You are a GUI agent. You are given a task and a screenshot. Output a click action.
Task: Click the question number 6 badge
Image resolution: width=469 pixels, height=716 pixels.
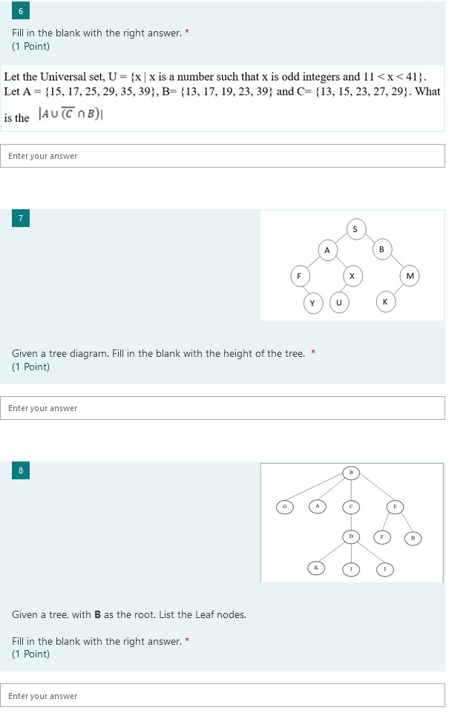coord(21,10)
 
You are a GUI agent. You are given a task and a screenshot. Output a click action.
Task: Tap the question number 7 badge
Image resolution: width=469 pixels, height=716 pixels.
coord(21,218)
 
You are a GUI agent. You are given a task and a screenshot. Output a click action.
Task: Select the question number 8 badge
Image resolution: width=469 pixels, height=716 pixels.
coord(21,470)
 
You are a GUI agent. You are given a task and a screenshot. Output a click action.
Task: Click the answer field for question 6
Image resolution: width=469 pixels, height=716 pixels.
coord(223,156)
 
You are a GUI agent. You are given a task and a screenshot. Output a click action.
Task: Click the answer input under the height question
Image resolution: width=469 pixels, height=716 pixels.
coord(223,408)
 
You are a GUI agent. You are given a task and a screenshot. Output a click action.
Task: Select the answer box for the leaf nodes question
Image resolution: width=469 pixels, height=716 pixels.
coord(223,695)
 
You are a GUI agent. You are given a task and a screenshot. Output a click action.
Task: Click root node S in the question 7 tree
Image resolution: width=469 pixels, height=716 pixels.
coord(355,229)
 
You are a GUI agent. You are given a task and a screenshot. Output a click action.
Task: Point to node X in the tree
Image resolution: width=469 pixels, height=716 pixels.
coord(352,276)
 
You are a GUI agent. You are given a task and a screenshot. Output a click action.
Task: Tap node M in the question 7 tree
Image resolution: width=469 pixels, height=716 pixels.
coord(410,276)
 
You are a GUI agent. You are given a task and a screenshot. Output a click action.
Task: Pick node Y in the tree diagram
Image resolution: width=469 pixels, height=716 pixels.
coord(313,303)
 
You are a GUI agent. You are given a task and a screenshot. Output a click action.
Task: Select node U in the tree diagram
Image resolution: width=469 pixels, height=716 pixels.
coord(339,302)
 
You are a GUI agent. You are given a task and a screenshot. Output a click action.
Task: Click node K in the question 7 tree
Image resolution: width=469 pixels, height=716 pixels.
coord(385,302)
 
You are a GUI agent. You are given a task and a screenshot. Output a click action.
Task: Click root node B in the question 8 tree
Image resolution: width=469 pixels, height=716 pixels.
coord(351,473)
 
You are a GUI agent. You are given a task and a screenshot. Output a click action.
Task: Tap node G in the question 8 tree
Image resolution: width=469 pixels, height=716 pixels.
coord(285,507)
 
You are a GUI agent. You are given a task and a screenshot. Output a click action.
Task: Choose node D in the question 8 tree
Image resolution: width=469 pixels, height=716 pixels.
coord(351,536)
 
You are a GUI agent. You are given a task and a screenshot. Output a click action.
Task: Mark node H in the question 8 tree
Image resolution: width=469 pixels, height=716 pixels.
coord(413,539)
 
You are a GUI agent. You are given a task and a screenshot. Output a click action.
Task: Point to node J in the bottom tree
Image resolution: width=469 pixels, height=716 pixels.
coord(351,569)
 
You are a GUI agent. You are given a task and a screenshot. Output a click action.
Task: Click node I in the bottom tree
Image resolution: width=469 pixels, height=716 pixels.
coord(385,569)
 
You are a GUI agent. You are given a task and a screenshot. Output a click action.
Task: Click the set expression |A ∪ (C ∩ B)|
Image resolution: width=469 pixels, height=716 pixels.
coord(70,114)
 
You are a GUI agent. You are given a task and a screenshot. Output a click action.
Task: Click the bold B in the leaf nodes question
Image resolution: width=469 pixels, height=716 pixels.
coord(97,614)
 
